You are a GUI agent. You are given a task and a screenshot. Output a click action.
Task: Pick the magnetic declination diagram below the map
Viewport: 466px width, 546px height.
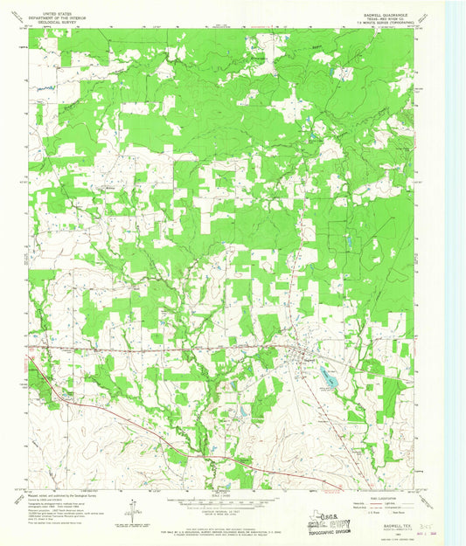pos(131,507)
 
